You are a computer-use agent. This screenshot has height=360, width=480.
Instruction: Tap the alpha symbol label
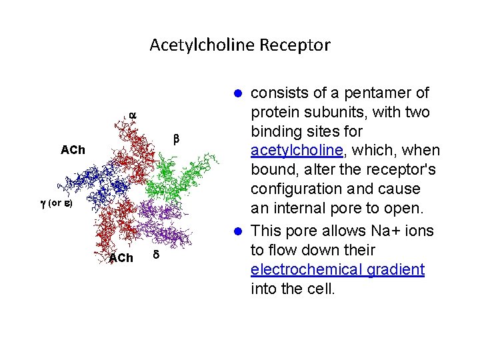pos(132,115)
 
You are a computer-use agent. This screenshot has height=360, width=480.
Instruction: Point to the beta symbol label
pos(177,139)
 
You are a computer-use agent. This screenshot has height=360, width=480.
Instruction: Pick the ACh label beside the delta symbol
pos(121,258)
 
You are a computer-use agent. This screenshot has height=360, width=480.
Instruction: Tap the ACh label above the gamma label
pos(73,150)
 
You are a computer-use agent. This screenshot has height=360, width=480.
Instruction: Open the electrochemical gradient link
pos(337,269)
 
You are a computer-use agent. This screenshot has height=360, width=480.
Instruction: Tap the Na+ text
pos(387,231)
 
